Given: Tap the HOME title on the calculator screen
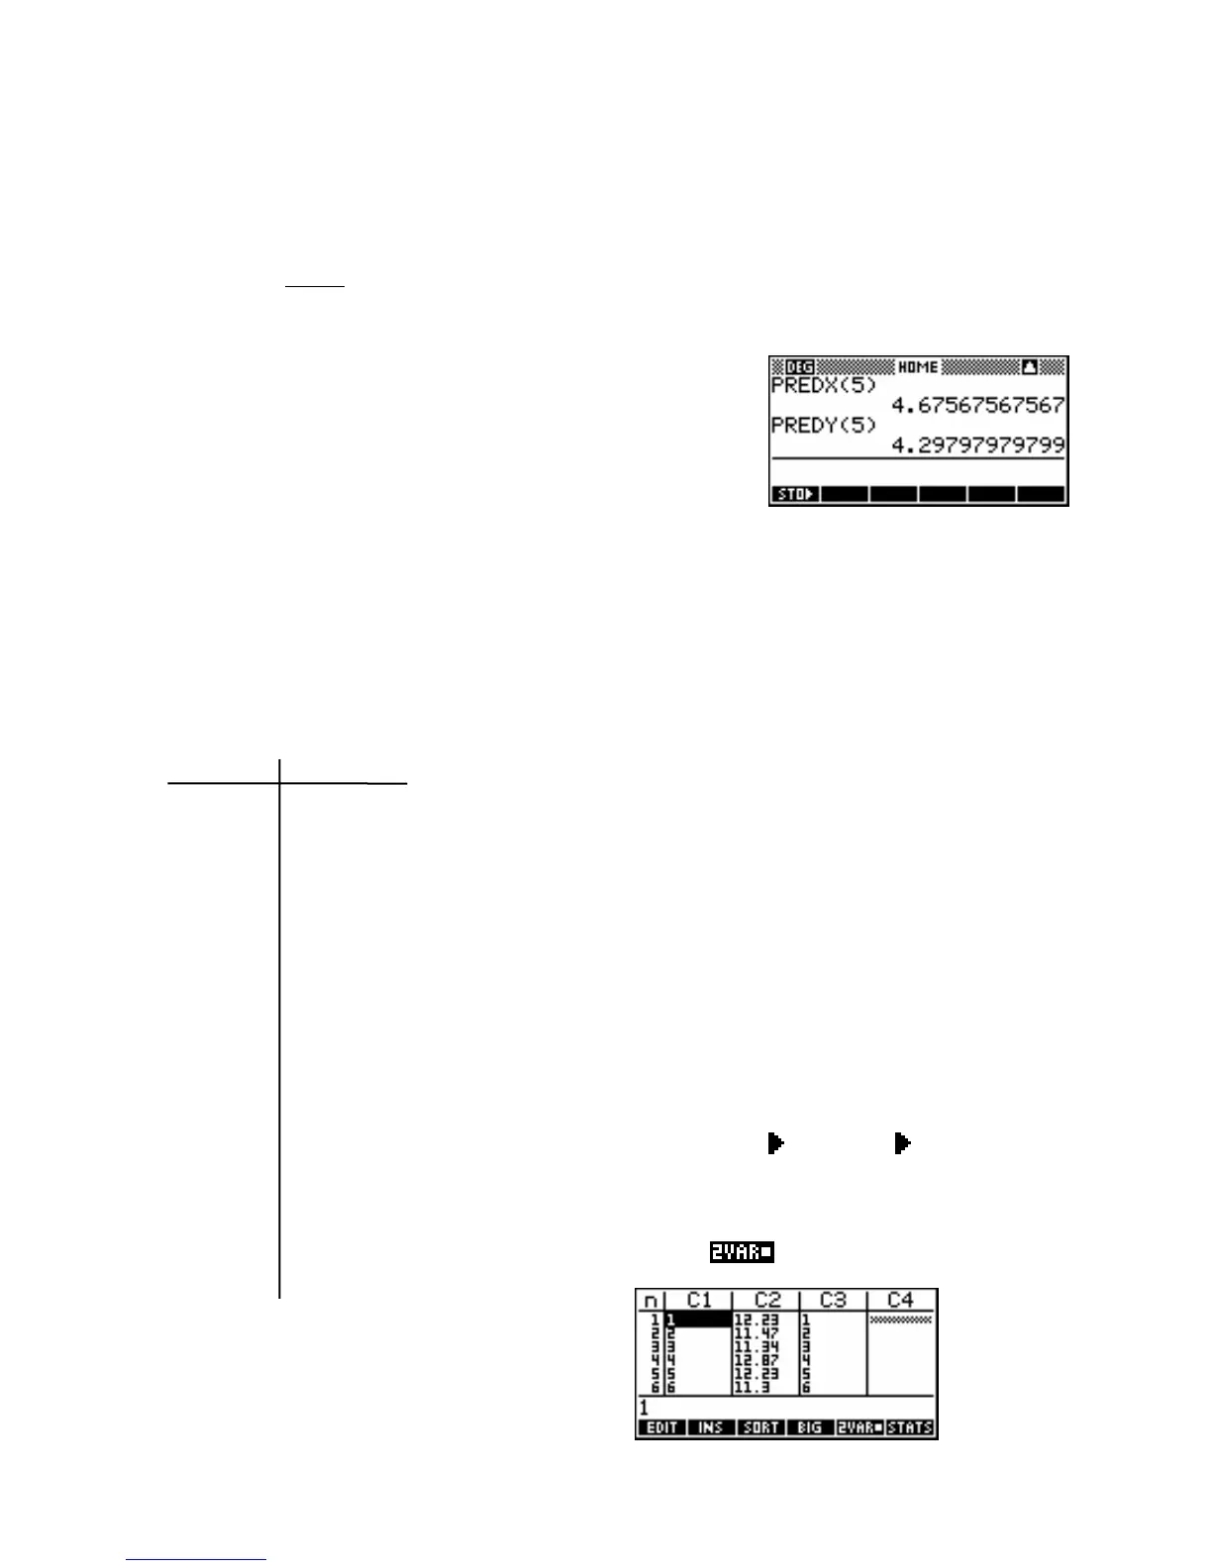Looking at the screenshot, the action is click(x=918, y=367).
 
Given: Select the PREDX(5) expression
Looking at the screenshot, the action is click(x=824, y=385).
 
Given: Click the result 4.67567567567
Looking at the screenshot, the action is click(x=977, y=405).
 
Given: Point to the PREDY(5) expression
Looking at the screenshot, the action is click(x=824, y=426).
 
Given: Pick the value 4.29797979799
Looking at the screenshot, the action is click(x=977, y=445).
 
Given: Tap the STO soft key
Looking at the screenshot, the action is click(x=795, y=494).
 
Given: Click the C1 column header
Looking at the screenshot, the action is click(x=699, y=1301).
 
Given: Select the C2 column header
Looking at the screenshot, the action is click(x=766, y=1301).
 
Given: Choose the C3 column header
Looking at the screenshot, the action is click(x=833, y=1301).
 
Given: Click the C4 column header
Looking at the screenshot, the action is click(x=900, y=1301).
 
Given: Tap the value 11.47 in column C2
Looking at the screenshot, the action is click(x=756, y=1333).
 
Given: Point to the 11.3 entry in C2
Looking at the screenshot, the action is click(x=752, y=1388).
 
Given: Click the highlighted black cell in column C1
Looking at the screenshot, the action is click(x=699, y=1320).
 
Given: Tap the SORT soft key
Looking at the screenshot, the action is click(x=760, y=1427).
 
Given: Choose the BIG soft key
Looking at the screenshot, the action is click(x=809, y=1427).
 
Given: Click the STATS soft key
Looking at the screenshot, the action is click(x=910, y=1427).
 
